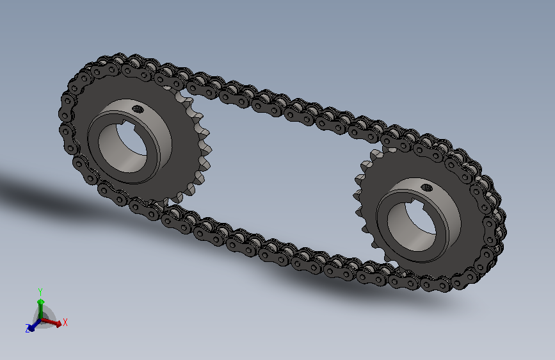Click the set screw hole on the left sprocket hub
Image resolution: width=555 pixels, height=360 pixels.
[x=138, y=109]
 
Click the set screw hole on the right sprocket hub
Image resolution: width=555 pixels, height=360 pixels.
[x=427, y=188]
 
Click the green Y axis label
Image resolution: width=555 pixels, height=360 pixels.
[x=40, y=292]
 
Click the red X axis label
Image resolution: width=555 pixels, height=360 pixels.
[x=65, y=322]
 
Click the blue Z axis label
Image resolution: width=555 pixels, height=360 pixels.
[x=28, y=328]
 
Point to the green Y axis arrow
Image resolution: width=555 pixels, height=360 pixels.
[x=41, y=308]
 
